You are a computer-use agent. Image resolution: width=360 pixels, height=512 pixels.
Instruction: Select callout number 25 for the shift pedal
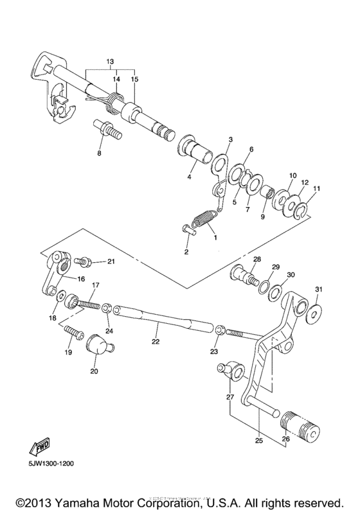point(258,441)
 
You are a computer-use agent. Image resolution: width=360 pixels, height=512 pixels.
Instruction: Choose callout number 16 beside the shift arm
point(82,279)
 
